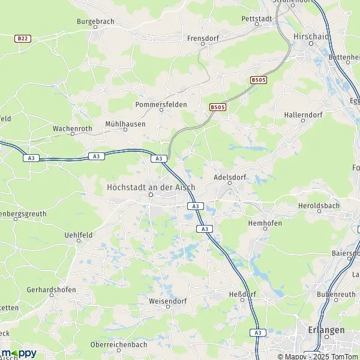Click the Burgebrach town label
point(95,22)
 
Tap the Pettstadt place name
point(256,19)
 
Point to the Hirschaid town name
point(311,37)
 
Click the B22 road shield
point(23,38)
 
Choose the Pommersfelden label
point(161,104)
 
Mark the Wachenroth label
point(73,128)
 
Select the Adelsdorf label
point(230,178)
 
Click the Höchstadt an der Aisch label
point(151,187)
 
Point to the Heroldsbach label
point(319,206)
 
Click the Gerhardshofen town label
point(51,290)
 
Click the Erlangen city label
point(326,331)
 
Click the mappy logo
point(19,353)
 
